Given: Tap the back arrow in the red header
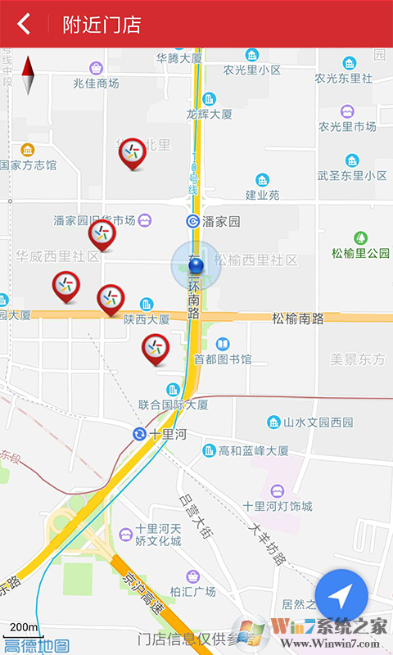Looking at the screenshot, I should point(24,24).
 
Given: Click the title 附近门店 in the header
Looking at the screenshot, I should point(102,25).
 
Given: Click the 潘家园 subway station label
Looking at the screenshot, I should point(221,221).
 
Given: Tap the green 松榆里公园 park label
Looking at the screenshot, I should point(360,253).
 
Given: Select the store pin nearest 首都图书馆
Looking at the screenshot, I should point(155,349).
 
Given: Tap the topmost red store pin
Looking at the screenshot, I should point(132,152).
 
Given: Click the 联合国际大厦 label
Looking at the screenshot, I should point(173,404).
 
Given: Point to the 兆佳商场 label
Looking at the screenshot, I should point(96,83).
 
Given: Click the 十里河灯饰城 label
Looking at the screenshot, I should point(278,506).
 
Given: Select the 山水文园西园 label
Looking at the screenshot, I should point(318,422).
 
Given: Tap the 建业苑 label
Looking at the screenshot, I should point(262,195).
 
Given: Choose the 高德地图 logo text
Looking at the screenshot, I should point(36,645).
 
